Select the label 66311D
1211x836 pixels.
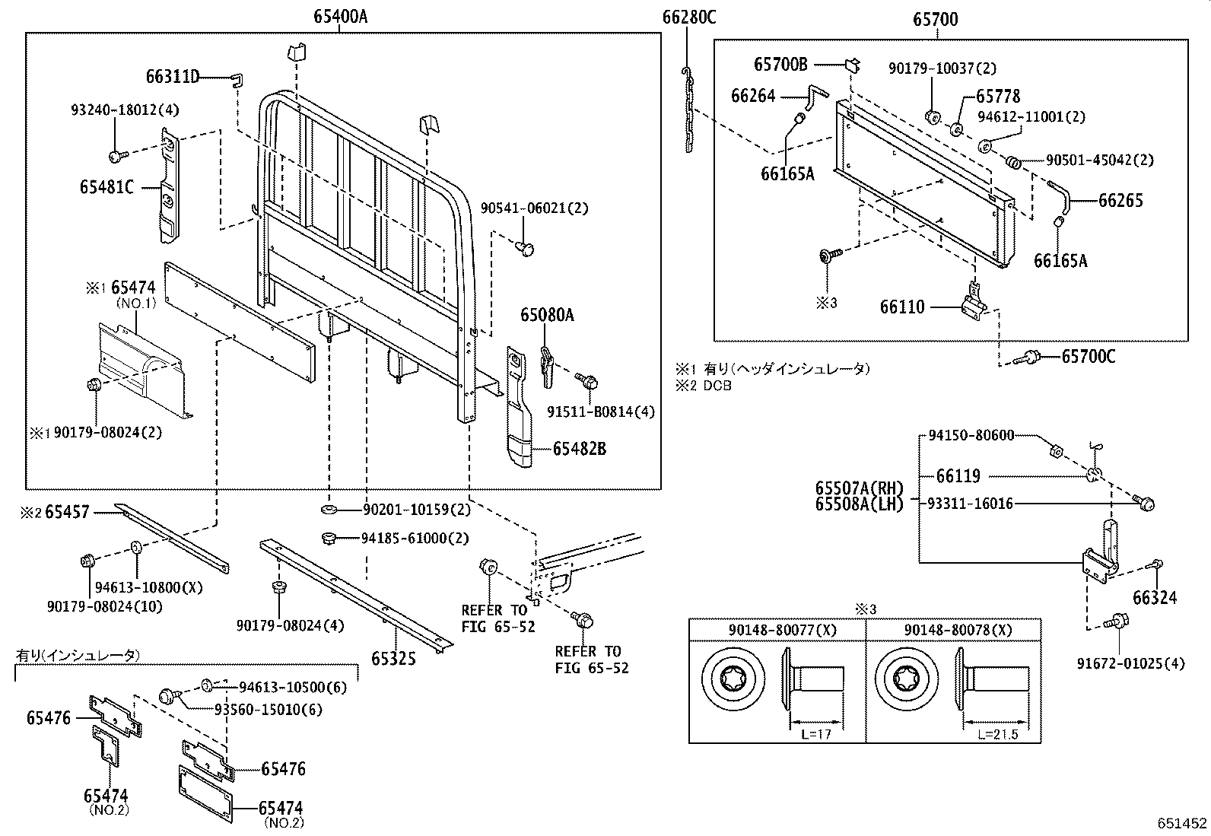(x=173, y=77)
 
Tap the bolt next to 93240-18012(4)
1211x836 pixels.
(x=116, y=157)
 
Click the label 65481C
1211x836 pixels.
(x=106, y=186)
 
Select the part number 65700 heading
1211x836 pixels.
(x=936, y=19)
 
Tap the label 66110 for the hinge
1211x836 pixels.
(x=902, y=307)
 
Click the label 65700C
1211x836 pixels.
(x=1088, y=356)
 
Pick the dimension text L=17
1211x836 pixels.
(x=815, y=734)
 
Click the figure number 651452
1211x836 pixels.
(x=1182, y=823)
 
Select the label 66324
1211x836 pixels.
(x=1154, y=598)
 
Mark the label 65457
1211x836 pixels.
(x=67, y=512)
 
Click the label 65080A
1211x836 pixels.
(x=546, y=315)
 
